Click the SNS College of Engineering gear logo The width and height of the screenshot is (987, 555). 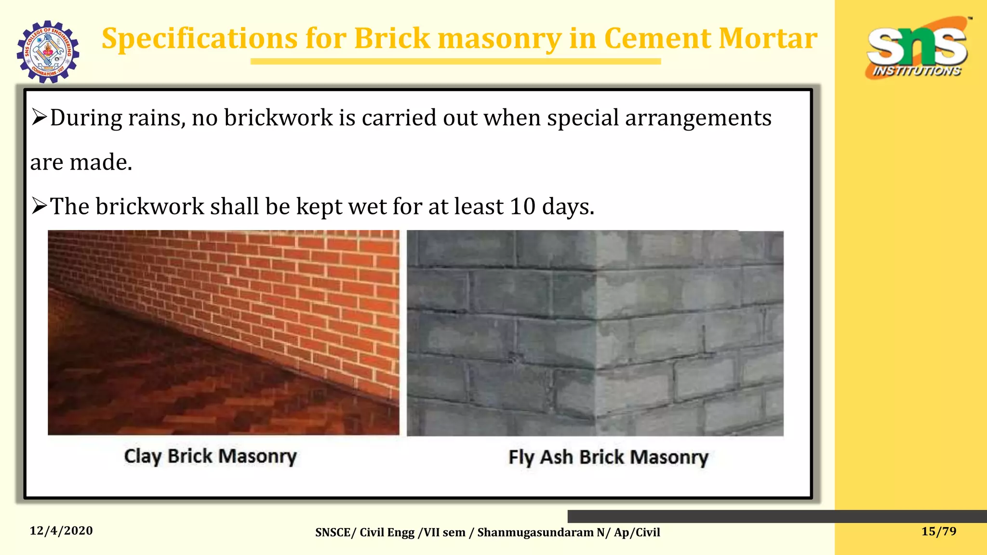point(48,52)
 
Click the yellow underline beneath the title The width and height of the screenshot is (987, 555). point(455,62)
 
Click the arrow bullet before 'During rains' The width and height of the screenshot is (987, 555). point(39,117)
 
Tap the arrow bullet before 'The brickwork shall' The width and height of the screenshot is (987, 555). point(39,206)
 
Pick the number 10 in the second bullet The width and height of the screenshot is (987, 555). point(522,206)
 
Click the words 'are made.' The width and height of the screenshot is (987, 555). point(81,162)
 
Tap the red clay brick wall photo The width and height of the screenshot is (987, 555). point(224,332)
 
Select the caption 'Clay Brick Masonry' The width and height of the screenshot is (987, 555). point(210,456)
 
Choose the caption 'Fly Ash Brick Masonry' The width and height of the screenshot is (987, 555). point(608,457)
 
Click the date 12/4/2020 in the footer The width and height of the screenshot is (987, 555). point(61,531)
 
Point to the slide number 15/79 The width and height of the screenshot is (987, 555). point(938,531)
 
